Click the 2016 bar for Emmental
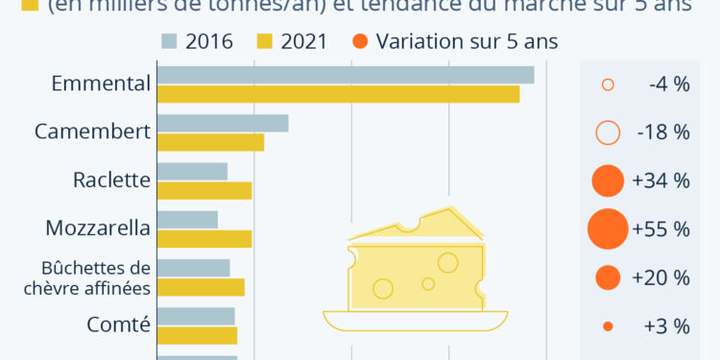tap(346, 75)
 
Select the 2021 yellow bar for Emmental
tap(338, 94)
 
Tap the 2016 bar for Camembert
tap(223, 123)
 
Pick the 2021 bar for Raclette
tap(204, 190)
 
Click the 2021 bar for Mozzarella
tap(204, 238)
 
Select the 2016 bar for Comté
tap(196, 316)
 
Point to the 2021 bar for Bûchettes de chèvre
tap(201, 287)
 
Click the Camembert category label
tap(92, 132)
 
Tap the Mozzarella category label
tap(98, 228)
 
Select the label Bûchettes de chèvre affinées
tap(95, 277)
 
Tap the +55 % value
tap(661, 229)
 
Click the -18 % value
tap(662, 132)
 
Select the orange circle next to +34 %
tap(607, 180)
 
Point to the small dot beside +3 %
tap(607, 326)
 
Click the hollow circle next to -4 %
tap(607, 84)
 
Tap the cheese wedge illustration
tap(416, 264)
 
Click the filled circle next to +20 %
tap(607, 277)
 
